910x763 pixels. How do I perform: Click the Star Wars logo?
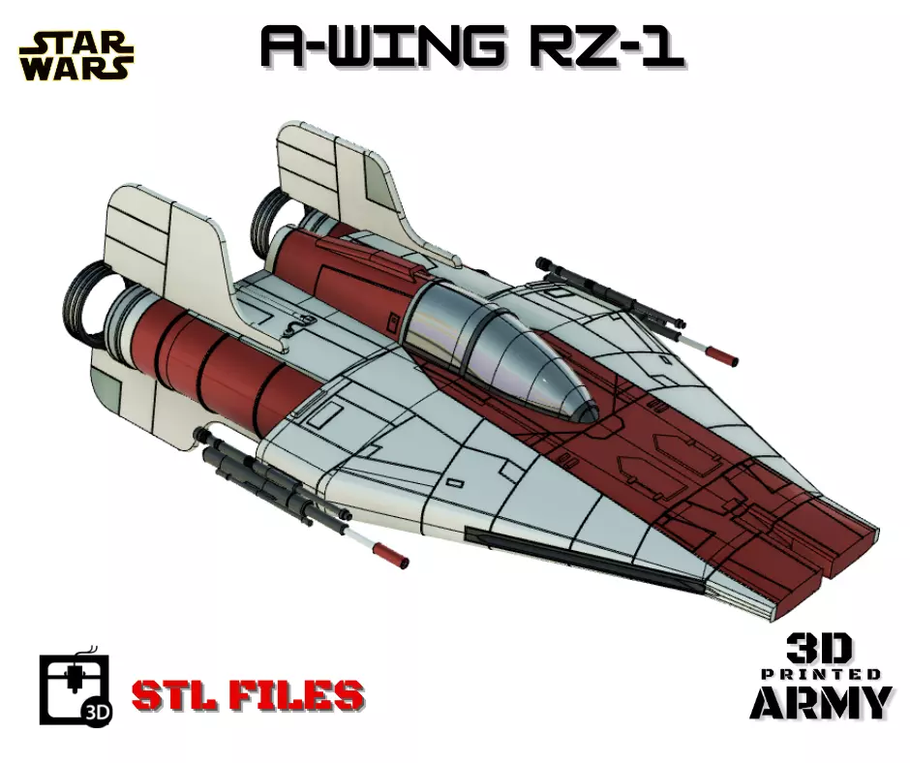click(76, 55)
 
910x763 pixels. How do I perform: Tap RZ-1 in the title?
click(605, 46)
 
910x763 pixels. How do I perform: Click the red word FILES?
click(302, 694)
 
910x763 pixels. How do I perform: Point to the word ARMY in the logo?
click(820, 702)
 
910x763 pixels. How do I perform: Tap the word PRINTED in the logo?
click(820, 674)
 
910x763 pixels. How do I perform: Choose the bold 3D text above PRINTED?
click(819, 649)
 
